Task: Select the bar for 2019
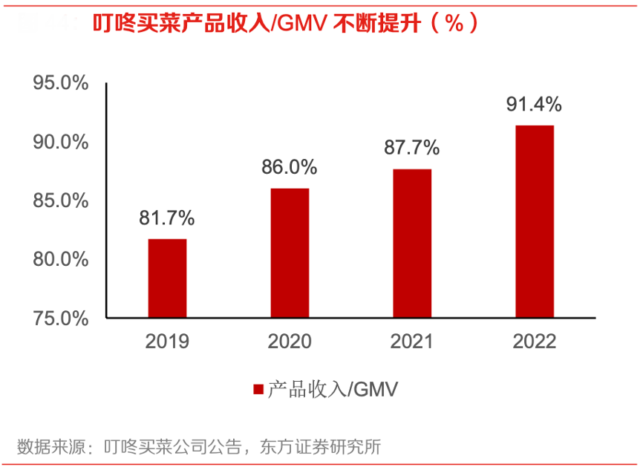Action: tap(167, 278)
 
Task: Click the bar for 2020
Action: tap(290, 253)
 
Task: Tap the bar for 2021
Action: tap(412, 244)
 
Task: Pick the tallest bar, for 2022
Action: tap(535, 222)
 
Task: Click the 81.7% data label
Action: tap(167, 218)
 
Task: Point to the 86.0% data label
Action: tap(290, 167)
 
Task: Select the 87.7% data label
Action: tap(412, 148)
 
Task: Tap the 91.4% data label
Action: tap(535, 104)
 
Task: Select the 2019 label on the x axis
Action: tap(167, 342)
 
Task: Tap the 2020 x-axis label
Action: tap(290, 342)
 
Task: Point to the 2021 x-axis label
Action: tap(412, 342)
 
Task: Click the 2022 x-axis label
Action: tap(535, 342)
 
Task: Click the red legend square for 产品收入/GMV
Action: tap(258, 389)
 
